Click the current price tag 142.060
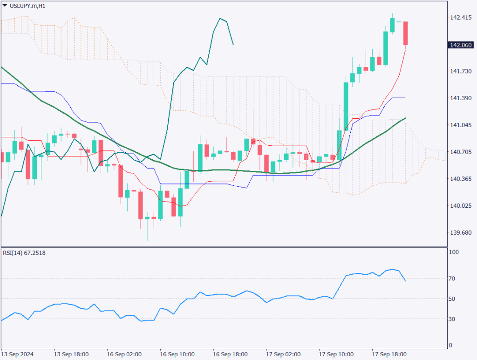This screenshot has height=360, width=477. click(x=461, y=45)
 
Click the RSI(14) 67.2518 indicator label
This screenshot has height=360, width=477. click(x=27, y=253)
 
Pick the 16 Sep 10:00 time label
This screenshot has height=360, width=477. click(x=177, y=353)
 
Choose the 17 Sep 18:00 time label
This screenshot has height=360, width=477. click(x=389, y=353)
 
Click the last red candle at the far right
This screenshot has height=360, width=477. click(x=406, y=34)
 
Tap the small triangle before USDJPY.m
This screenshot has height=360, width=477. click(x=5, y=6)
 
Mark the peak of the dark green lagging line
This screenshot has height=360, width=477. click(x=220, y=19)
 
